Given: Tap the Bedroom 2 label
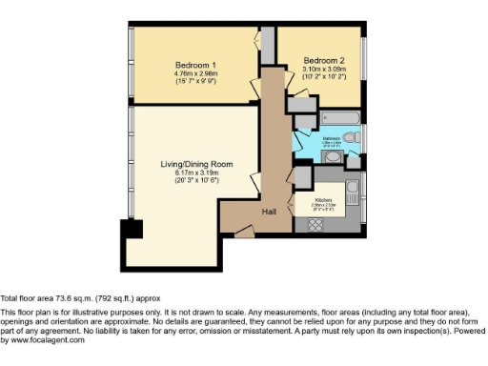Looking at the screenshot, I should point(324,59).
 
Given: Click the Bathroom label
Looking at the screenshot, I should point(331,139).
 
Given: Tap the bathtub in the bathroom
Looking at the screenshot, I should point(339,119).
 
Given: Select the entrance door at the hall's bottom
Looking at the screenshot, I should point(245,231).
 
